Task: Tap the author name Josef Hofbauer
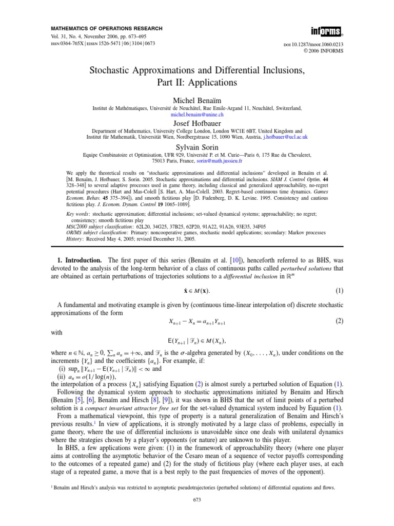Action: (x=197, y=124)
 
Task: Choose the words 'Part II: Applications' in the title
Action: (x=197, y=82)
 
